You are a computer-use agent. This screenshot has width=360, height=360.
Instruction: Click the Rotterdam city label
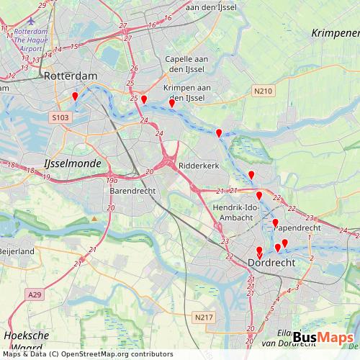pos(71,75)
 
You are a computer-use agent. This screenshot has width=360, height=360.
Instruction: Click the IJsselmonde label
pos(73,163)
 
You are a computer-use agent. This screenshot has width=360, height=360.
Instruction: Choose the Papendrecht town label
pos(296,227)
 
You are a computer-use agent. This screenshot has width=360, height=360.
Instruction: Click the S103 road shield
pos(60,115)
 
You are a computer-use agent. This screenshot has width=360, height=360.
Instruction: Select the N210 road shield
pos(264,91)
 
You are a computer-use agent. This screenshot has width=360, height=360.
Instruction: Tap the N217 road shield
pos(204,316)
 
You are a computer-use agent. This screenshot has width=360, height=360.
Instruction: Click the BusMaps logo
pos(323,338)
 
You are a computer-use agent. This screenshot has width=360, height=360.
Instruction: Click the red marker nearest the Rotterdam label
pos(75,96)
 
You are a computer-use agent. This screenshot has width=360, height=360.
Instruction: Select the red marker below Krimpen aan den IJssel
pos(171,104)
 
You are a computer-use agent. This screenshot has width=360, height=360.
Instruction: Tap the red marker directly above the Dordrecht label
pos(259,251)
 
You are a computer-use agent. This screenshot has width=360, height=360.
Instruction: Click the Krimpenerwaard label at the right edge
pos(336,34)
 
